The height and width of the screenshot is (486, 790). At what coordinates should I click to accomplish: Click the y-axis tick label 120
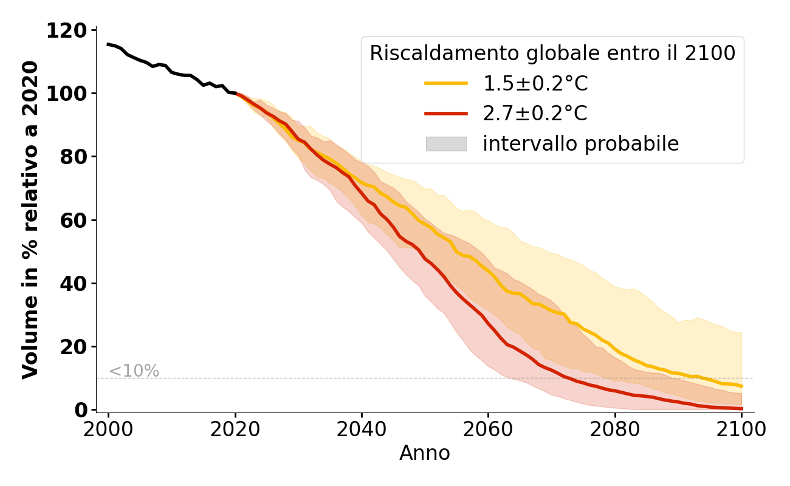[67, 30]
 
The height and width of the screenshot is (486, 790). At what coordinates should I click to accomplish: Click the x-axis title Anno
[425, 453]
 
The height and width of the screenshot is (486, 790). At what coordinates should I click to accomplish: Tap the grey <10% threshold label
[134, 371]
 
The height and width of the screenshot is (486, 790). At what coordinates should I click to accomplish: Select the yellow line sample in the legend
[446, 84]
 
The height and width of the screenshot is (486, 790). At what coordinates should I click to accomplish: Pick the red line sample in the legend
[446, 114]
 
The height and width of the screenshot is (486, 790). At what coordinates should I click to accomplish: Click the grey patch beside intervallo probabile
[446, 144]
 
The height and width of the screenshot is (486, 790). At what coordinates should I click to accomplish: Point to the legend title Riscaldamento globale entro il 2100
[552, 53]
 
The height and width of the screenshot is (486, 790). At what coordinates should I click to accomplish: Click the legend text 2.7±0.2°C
[535, 114]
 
